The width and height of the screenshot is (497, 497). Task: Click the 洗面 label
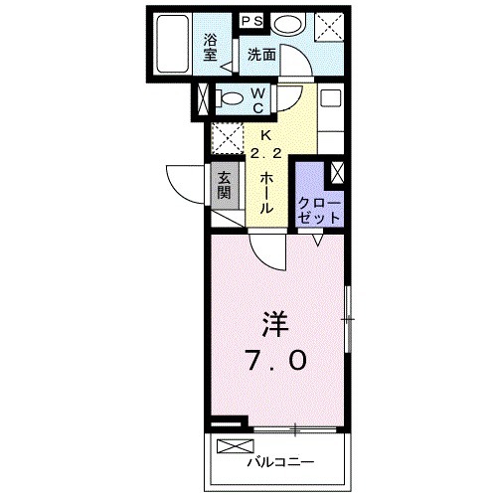pyautogui.click(x=261, y=55)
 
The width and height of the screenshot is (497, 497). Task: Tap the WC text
pyautogui.click(x=256, y=98)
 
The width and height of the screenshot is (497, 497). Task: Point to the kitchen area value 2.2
pyautogui.click(x=265, y=154)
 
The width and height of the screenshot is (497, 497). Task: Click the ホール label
pyautogui.click(x=266, y=193)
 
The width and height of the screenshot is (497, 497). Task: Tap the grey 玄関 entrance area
pyautogui.click(x=225, y=184)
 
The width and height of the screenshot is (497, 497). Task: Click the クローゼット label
pyautogui.click(x=319, y=209)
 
